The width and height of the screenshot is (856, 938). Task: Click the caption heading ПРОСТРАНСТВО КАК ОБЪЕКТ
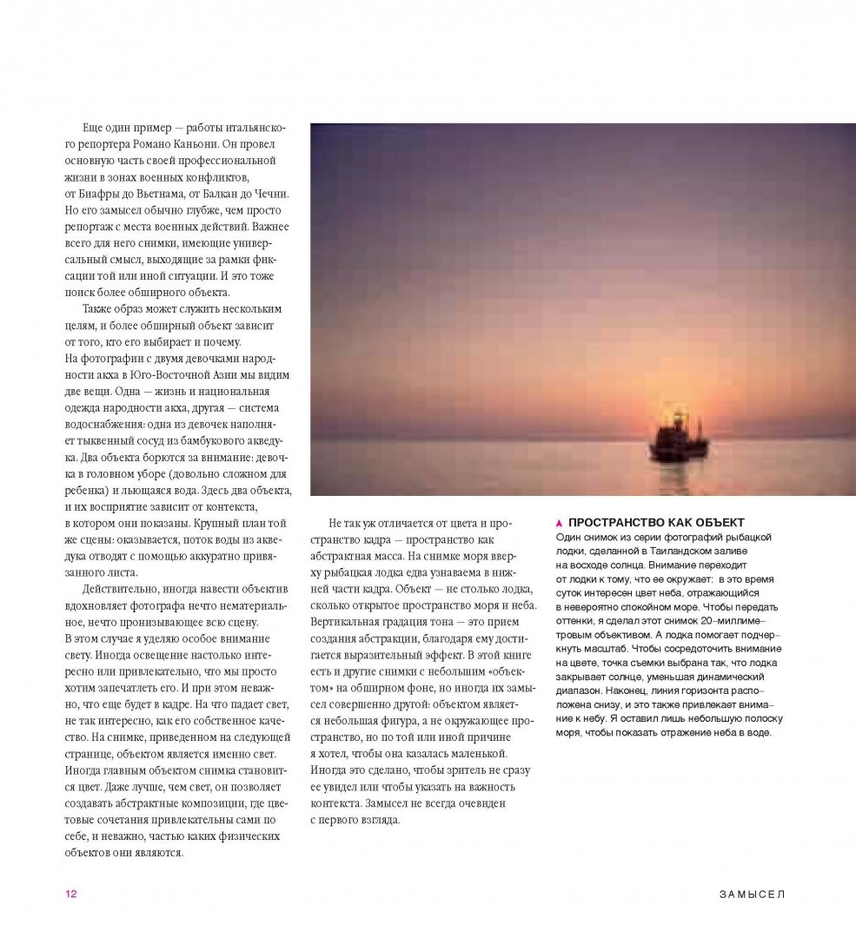655,522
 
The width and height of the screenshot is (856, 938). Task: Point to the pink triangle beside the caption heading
559,523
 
